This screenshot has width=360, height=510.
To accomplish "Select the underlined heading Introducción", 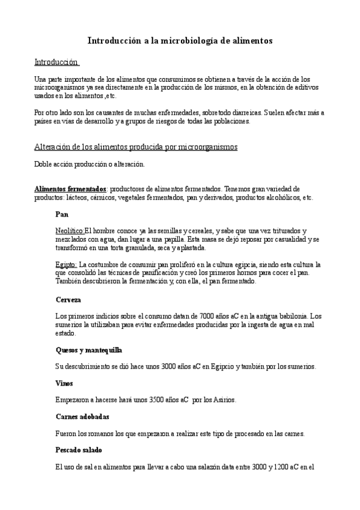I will [56, 62].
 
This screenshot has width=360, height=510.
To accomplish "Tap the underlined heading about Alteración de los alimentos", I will [136, 147].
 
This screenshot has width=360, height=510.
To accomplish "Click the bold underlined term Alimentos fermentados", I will [70, 189].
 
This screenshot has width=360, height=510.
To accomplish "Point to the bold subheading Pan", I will [61, 214].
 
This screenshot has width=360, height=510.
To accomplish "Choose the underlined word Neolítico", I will [69, 231].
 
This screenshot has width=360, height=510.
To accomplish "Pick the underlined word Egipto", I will [66, 265].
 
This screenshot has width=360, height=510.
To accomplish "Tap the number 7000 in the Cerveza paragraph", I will [191, 316].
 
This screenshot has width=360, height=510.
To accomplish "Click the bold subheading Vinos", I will [64, 382].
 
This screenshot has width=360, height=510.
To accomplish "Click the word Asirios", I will [224, 399].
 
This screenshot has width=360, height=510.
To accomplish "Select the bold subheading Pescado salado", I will [78, 449].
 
